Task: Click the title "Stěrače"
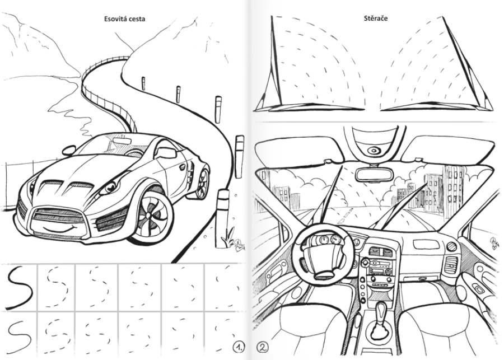(376, 18)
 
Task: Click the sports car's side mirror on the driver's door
(166, 152)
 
